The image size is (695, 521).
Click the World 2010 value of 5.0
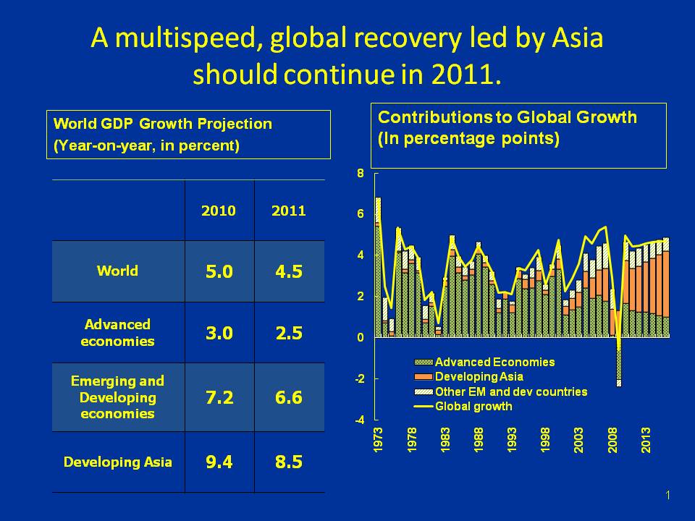(x=219, y=272)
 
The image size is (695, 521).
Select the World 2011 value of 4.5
(x=289, y=272)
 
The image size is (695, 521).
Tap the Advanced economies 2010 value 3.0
(x=219, y=334)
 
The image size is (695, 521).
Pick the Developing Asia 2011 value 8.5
(x=289, y=462)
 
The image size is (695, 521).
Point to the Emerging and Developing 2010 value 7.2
(x=219, y=398)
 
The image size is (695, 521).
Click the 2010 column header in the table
(x=219, y=211)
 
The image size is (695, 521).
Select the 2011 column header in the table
(x=289, y=211)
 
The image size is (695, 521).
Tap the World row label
(x=117, y=271)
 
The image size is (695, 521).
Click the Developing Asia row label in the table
(x=118, y=462)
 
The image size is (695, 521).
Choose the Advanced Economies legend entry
(x=494, y=363)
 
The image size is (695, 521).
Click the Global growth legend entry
(x=473, y=407)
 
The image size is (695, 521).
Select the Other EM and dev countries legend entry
(x=510, y=391)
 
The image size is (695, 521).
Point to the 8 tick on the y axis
(x=360, y=174)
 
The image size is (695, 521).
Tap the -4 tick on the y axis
(x=358, y=420)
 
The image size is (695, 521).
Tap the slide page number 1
(x=667, y=495)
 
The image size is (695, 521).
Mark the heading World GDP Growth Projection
(x=164, y=124)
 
